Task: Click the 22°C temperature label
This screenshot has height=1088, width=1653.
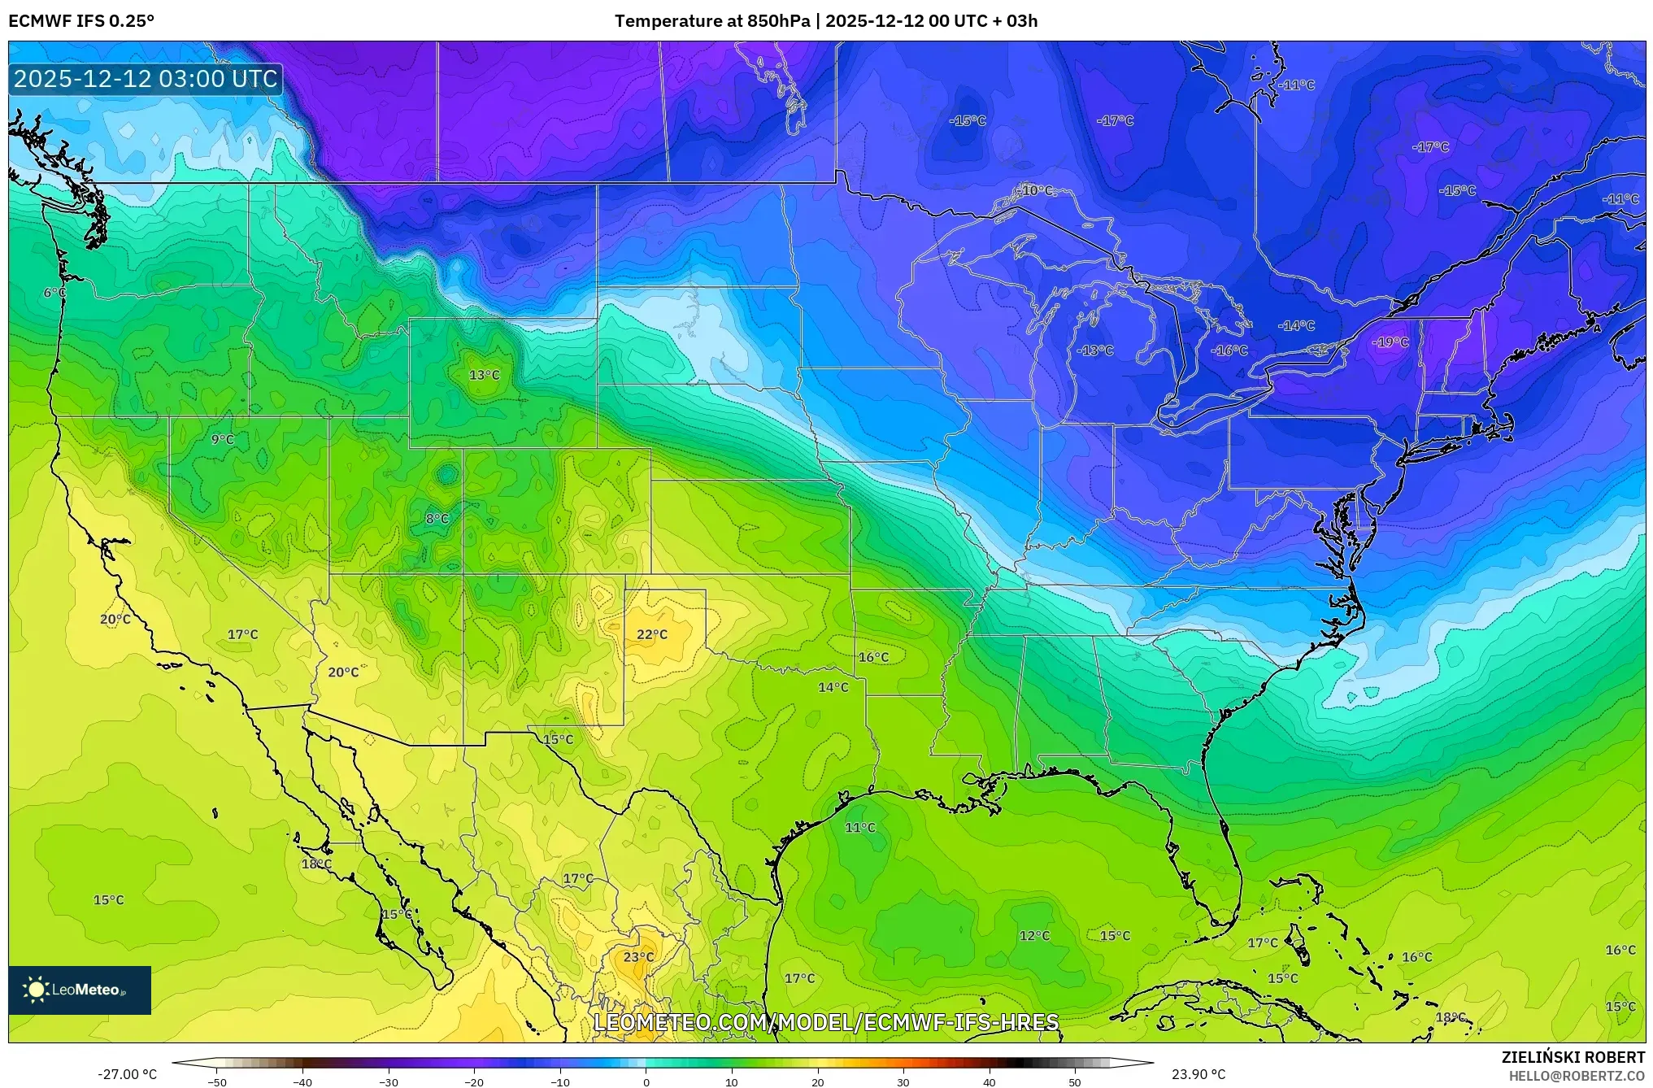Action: (652, 634)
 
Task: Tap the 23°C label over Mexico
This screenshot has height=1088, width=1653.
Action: (638, 957)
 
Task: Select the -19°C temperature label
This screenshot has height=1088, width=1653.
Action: (1390, 342)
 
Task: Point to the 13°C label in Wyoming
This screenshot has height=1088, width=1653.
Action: (485, 375)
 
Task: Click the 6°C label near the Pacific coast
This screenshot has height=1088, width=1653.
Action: (54, 293)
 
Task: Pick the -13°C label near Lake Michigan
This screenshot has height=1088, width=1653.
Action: (1095, 350)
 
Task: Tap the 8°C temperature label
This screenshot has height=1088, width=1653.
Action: (437, 519)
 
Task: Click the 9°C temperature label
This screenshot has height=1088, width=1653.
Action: (223, 439)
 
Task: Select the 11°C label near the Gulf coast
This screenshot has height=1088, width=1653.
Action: (860, 828)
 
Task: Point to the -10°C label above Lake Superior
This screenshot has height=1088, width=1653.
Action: (1036, 190)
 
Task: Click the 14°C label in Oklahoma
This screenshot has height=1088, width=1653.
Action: (833, 687)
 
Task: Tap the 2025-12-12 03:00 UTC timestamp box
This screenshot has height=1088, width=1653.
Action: (146, 79)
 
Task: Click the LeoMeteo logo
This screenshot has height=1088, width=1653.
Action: (80, 990)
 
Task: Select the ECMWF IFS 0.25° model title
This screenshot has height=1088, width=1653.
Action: (81, 21)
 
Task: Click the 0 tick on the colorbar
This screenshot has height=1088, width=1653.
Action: (646, 1081)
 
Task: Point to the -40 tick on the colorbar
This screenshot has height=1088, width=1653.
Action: (302, 1081)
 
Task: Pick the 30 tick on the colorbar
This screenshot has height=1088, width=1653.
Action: (903, 1081)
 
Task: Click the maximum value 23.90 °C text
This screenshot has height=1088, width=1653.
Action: (1198, 1074)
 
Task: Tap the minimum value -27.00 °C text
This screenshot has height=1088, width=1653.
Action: (128, 1074)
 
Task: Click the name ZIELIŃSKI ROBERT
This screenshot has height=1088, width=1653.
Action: (1573, 1057)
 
